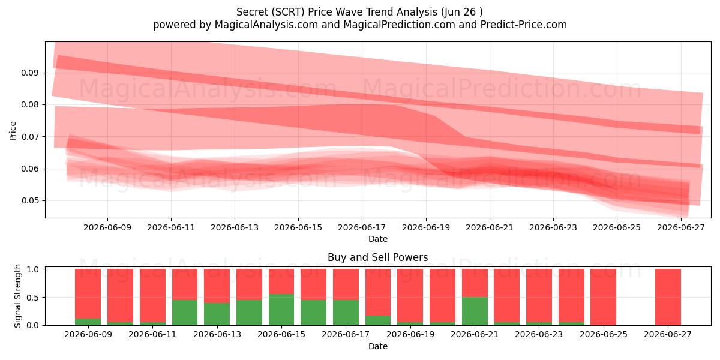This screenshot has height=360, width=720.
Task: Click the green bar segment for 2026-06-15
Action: [x=281, y=310]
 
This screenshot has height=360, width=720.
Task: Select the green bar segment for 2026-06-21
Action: [x=475, y=311]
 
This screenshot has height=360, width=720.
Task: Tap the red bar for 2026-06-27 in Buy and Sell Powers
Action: [x=668, y=297]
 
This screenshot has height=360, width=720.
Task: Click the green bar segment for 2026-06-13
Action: [x=217, y=314]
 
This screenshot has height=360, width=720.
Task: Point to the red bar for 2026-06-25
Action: [x=604, y=297]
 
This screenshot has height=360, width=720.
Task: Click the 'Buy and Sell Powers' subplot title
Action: [x=377, y=257]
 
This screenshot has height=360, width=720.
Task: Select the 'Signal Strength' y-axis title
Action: [x=17, y=296]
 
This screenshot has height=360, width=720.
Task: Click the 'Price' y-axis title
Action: [x=13, y=131]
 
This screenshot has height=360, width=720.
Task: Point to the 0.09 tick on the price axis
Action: [x=29, y=73]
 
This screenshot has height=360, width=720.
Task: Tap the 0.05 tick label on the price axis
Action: [x=29, y=200]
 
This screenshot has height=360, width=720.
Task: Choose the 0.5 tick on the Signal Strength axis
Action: [x=32, y=298]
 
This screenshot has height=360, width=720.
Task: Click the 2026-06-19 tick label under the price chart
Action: [x=426, y=227]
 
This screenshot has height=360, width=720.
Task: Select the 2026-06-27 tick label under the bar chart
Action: [x=668, y=334]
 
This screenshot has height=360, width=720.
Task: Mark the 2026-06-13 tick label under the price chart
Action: [x=235, y=227]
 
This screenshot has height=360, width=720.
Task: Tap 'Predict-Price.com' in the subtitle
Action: [x=524, y=25]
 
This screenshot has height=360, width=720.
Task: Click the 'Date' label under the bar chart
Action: [x=378, y=346]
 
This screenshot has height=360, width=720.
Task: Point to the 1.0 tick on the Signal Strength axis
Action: [x=32, y=269]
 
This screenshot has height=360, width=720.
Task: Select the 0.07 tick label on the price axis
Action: [x=29, y=137]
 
